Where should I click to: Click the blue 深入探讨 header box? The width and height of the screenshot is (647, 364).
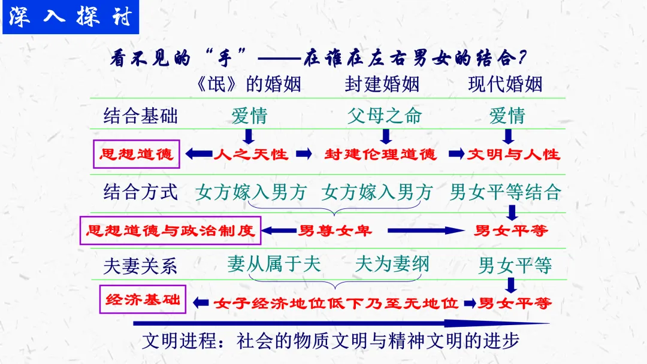pyautogui.click(x=71, y=17)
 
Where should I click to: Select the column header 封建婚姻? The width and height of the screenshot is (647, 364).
pyautogui.click(x=382, y=84)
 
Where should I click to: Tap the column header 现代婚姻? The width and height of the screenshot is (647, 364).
pyautogui.click(x=505, y=84)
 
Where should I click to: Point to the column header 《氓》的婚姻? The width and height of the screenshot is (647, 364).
pyautogui.click(x=249, y=84)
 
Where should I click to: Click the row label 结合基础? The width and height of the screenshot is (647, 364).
pyautogui.click(x=140, y=116)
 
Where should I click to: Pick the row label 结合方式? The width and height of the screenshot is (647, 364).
pyautogui.click(x=140, y=192)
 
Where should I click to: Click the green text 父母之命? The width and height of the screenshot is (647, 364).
pyautogui.click(x=384, y=116)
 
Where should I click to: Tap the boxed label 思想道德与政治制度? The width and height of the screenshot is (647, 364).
pyautogui.click(x=171, y=230)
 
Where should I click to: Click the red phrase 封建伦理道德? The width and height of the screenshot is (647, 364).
pyautogui.click(x=381, y=154)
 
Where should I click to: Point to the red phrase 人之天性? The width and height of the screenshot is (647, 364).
pyautogui.click(x=251, y=154)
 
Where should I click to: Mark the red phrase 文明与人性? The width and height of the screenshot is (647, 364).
pyautogui.click(x=513, y=154)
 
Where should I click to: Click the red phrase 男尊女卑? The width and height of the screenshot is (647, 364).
pyautogui.click(x=335, y=230)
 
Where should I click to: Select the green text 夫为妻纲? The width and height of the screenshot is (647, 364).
pyautogui.click(x=392, y=264)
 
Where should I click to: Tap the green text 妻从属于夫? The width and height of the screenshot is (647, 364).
pyautogui.click(x=274, y=264)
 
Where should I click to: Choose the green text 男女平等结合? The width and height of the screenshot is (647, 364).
pyautogui.click(x=505, y=192)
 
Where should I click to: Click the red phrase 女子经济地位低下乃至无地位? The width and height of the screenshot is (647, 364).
pyautogui.click(x=336, y=303)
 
